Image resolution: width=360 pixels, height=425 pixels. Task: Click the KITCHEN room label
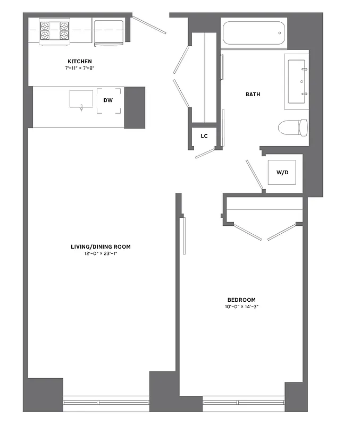point(79,62)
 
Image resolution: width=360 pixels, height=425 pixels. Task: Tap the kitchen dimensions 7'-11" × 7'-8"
point(79,68)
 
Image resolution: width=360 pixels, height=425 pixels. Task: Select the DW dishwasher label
point(108,100)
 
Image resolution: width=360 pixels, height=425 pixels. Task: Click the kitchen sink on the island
point(81,99)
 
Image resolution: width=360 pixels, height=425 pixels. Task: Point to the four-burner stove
point(55,30)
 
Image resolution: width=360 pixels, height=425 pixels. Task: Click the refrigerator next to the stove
point(109,30)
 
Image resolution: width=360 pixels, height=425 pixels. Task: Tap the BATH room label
point(253,95)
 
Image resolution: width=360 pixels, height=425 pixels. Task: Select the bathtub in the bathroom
point(254,33)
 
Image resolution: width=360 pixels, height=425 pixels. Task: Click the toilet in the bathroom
point(293,127)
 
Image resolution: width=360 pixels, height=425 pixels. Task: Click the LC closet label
point(204,136)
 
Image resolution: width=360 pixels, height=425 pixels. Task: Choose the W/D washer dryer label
point(281,173)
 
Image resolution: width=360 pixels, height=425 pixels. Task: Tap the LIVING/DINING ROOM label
point(101,246)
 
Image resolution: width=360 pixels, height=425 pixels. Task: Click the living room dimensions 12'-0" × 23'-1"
point(101,253)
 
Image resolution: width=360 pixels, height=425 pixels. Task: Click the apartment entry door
point(149,24)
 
